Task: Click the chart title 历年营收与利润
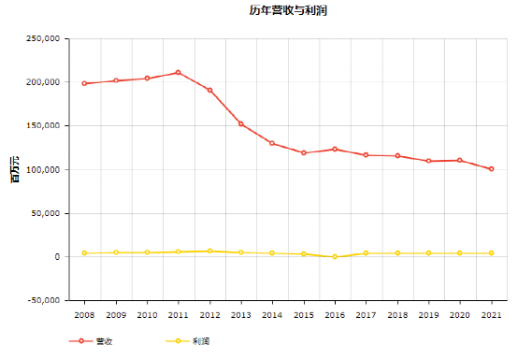point(288,10)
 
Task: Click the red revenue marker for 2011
point(178,72)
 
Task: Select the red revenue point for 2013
point(241,123)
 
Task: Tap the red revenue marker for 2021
point(491,168)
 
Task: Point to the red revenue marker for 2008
point(84,83)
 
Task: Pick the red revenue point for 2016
point(335,149)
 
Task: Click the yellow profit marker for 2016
point(335,256)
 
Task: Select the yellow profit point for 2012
point(209,251)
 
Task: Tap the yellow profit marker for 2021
point(491,253)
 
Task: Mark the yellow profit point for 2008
point(84,253)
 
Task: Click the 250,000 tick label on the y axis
point(43,38)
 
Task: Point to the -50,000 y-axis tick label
point(44,300)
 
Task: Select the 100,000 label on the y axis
point(43,170)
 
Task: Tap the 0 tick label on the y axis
point(57,256)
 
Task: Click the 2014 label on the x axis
point(272,315)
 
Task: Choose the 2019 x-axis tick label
point(429,315)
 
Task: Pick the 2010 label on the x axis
point(147,315)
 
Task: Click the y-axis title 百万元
point(15,170)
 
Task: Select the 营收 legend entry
point(91,341)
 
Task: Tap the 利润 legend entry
point(188,341)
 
